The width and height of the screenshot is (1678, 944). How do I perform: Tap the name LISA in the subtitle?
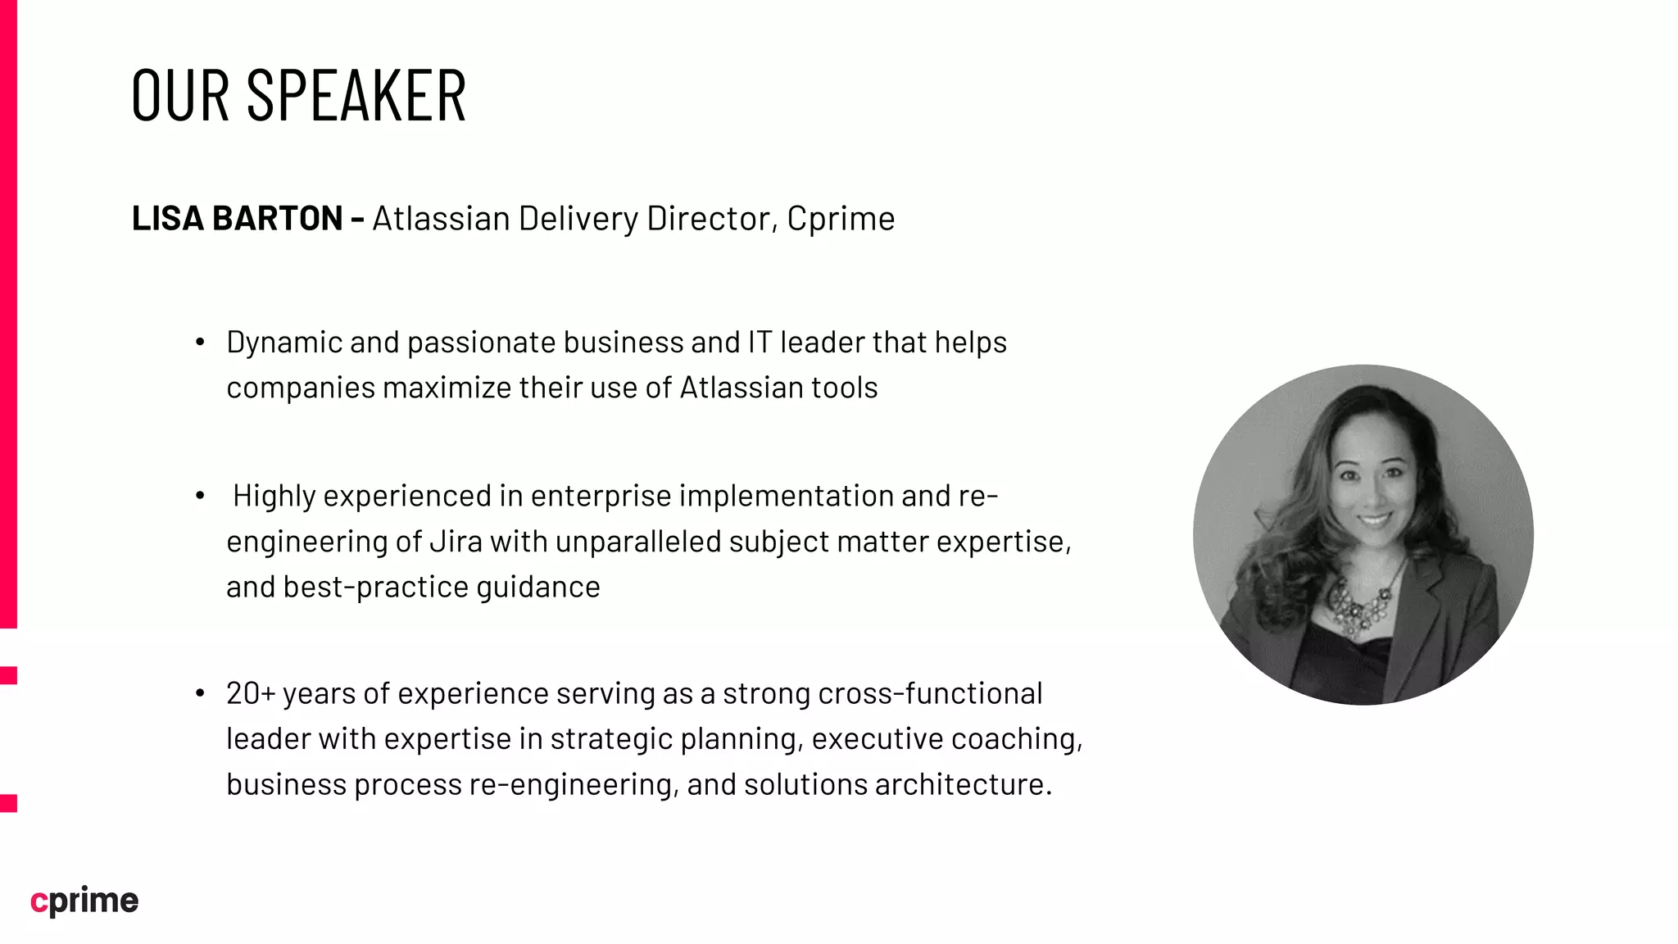pyautogui.click(x=168, y=219)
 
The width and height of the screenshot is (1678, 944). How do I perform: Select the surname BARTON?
pyautogui.click(x=277, y=219)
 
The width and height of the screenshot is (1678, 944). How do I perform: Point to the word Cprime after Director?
pyautogui.click(x=841, y=220)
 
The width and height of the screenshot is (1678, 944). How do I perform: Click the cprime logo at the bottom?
pyautogui.click(x=84, y=901)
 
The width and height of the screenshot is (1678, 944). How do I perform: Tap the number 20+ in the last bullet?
pyautogui.click(x=251, y=694)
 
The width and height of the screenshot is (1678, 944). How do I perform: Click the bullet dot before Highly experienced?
pyautogui.click(x=200, y=496)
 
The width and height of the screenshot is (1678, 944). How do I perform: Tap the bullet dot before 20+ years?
pyautogui.click(x=200, y=694)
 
